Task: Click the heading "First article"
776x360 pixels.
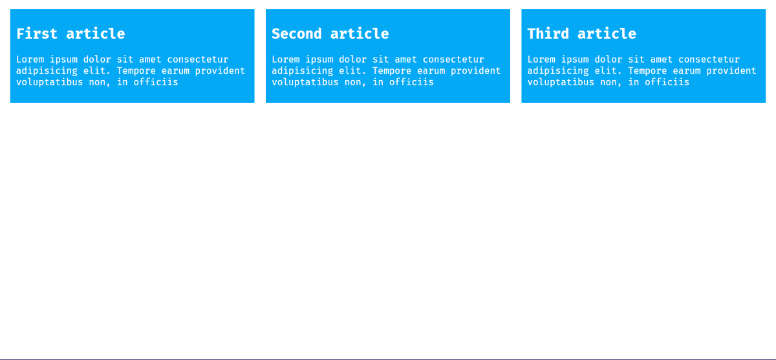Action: coord(70,34)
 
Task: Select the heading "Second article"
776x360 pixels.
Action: coord(330,34)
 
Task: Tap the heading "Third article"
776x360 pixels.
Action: coord(581,34)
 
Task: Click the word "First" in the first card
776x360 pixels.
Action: coord(37,34)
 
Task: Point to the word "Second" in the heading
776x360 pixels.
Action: coord(297,34)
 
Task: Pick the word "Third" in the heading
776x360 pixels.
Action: coord(548,34)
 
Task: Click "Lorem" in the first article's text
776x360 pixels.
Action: coord(30,59)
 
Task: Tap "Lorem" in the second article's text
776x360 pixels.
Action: coord(286,59)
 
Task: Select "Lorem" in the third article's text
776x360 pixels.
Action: coord(541,59)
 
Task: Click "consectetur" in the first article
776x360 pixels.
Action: coord(198,59)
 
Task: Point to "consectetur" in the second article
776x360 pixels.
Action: coord(453,59)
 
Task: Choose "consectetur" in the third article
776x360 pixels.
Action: coord(709,59)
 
